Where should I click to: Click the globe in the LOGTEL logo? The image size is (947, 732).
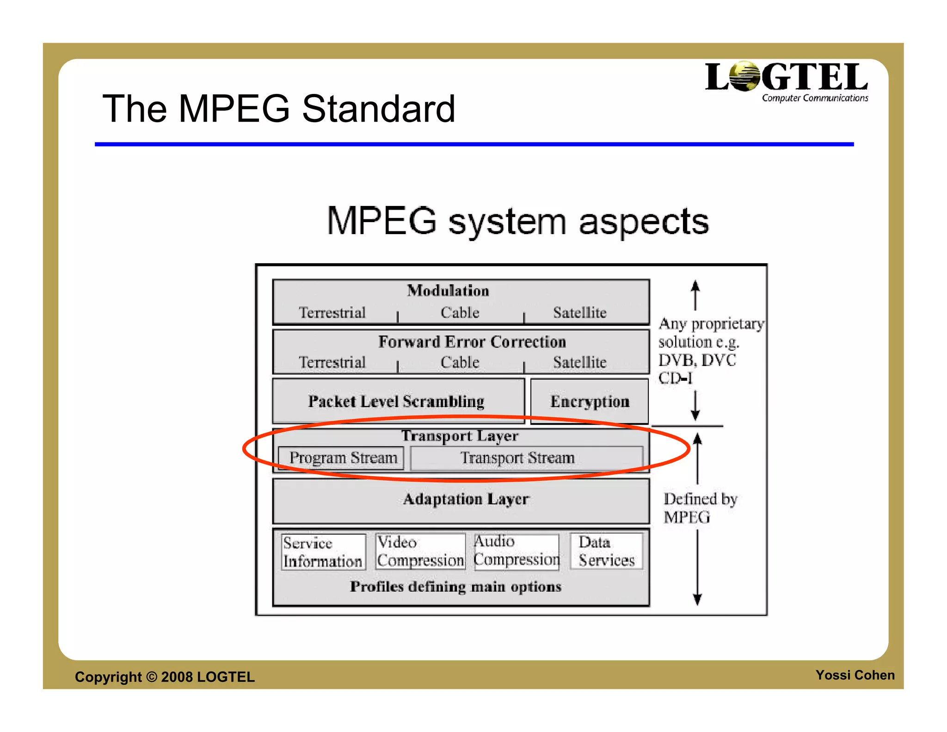click(744, 76)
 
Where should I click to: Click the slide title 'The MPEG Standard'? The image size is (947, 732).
click(279, 109)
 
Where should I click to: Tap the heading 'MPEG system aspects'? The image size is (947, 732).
click(517, 221)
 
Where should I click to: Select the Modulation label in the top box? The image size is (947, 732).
click(448, 291)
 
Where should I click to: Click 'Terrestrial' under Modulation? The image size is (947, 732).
click(332, 313)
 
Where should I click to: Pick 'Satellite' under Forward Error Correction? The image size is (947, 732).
click(579, 362)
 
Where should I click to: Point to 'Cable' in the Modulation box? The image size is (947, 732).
click(460, 313)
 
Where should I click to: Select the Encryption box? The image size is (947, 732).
click(590, 401)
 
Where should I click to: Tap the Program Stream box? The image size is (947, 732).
click(343, 458)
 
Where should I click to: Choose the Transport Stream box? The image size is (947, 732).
click(526, 458)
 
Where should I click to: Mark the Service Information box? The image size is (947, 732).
click(323, 552)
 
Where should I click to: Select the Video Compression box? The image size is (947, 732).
click(420, 551)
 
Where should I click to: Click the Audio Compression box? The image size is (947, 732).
click(517, 551)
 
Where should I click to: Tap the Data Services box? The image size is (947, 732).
click(606, 551)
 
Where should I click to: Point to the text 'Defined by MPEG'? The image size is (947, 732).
click(700, 508)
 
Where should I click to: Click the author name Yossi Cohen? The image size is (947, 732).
click(855, 675)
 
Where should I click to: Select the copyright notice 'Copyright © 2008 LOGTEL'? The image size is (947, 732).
click(165, 677)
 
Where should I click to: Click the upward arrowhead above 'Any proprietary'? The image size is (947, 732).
click(695, 285)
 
